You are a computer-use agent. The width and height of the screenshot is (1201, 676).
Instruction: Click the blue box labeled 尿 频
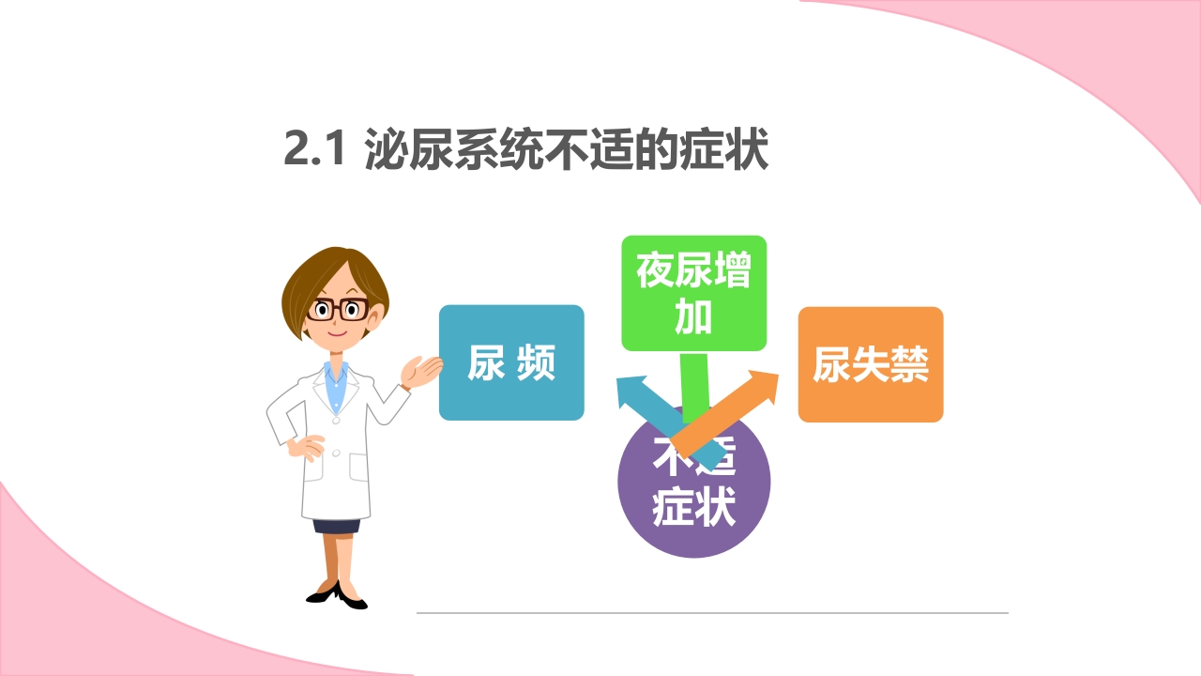(x=511, y=362)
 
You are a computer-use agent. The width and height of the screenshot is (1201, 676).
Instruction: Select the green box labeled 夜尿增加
(x=693, y=293)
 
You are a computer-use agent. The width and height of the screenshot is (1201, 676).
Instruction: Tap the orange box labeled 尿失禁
(x=870, y=364)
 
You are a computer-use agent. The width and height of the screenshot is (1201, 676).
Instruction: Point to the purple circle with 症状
(x=693, y=507)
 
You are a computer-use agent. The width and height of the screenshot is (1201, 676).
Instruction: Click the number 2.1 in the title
(x=316, y=150)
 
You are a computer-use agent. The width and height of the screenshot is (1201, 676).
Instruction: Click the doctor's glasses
(x=338, y=309)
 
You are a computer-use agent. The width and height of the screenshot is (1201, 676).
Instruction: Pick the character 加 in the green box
(x=693, y=318)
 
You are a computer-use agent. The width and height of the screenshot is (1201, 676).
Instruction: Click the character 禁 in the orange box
(x=909, y=365)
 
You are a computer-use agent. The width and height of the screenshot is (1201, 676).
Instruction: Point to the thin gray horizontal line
(x=712, y=613)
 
